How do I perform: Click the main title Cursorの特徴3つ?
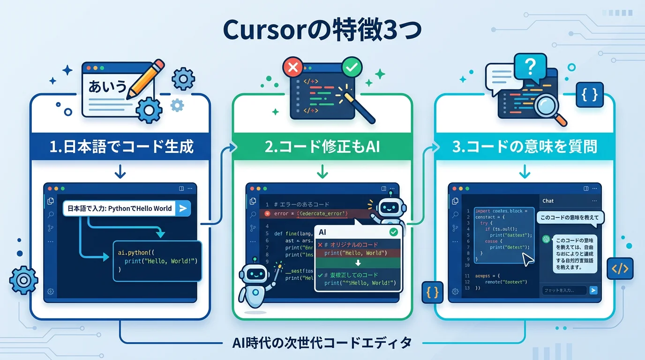(x=322, y=30)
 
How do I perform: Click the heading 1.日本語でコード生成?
(x=121, y=146)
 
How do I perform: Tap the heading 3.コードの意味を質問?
(x=525, y=146)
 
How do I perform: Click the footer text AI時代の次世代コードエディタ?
(x=322, y=343)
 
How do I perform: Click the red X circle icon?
(x=293, y=68)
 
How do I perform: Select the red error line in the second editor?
(x=309, y=213)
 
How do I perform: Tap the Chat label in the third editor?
(x=548, y=201)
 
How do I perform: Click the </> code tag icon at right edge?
(x=620, y=269)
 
